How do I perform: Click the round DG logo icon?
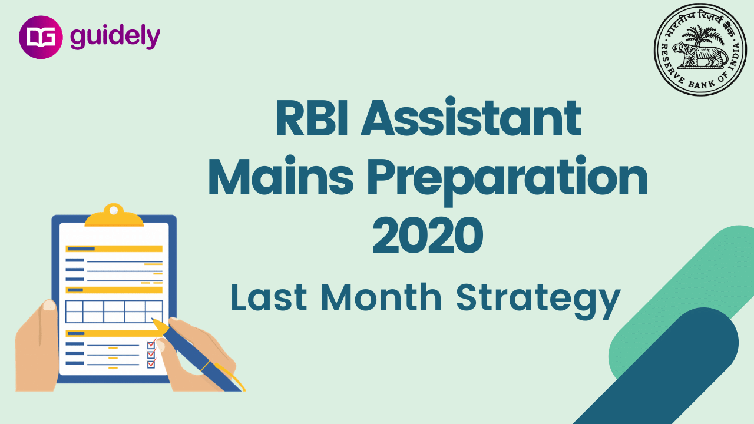click(x=41, y=37)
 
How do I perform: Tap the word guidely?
click(x=115, y=37)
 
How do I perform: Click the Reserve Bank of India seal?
click(x=700, y=49)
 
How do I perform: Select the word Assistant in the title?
click(x=471, y=116)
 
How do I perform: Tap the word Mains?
click(x=281, y=176)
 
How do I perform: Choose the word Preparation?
click(x=508, y=180)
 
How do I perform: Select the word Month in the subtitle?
click(x=381, y=297)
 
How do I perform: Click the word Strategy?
click(x=538, y=300)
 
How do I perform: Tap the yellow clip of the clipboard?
click(x=114, y=216)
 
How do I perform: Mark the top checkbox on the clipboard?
click(x=151, y=345)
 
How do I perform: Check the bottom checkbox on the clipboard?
click(x=151, y=364)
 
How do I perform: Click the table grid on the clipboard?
click(x=114, y=312)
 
